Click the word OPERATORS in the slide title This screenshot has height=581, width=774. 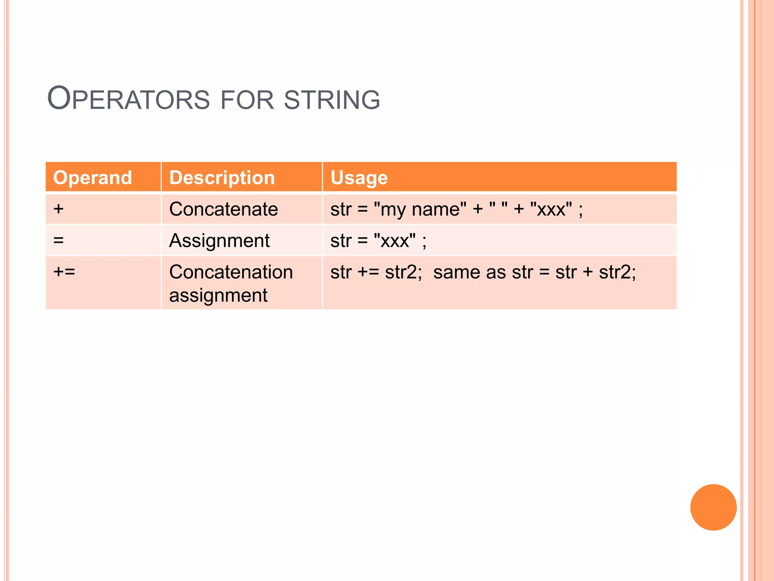(x=128, y=99)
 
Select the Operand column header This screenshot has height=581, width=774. (x=93, y=177)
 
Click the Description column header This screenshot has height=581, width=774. (x=222, y=177)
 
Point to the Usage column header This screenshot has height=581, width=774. (x=359, y=177)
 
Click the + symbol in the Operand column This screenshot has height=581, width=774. (x=59, y=209)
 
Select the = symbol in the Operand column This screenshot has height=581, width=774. (x=59, y=240)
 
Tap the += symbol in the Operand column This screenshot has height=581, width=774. (x=64, y=272)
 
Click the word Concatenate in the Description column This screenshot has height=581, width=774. (x=223, y=209)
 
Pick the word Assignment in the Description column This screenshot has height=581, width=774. (x=219, y=240)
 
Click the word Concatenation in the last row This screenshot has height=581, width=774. (x=231, y=272)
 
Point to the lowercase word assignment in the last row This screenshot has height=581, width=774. (x=218, y=295)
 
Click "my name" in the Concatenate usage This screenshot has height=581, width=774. (x=420, y=209)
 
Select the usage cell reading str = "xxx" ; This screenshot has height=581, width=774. (x=378, y=241)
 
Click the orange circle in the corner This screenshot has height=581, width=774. (x=713, y=507)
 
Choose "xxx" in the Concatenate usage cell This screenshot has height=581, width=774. (x=551, y=209)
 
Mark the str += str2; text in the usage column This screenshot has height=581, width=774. (x=376, y=272)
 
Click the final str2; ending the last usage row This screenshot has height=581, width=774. (x=618, y=272)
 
